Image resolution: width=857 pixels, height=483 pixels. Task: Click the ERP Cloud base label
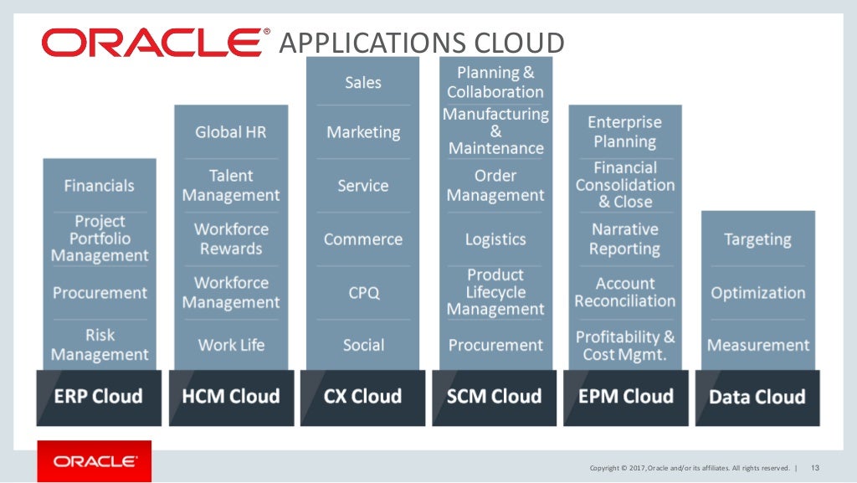[x=99, y=396]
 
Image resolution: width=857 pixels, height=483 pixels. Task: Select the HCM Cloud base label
[x=231, y=396]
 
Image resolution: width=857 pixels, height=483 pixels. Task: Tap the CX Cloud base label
[x=363, y=396]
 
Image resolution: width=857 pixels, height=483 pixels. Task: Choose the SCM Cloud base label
[x=495, y=396]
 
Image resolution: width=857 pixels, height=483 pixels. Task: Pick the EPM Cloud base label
[x=626, y=396]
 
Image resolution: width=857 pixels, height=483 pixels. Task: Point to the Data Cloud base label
[x=757, y=397]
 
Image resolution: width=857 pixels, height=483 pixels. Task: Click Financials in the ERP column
[x=99, y=185]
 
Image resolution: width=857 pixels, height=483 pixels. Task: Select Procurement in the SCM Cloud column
[x=495, y=345]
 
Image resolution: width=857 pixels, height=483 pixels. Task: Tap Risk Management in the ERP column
[x=100, y=345]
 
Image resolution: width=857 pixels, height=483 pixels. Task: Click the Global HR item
[x=231, y=132]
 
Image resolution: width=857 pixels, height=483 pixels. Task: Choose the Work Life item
[x=231, y=345]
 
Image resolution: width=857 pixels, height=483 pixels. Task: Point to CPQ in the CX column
[x=363, y=293]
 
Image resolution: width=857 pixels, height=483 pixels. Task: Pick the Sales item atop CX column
[x=363, y=82]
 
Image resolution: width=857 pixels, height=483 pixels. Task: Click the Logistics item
[x=495, y=239]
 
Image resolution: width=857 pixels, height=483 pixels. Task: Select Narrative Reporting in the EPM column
[x=624, y=239]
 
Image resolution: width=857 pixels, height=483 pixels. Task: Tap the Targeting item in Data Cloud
[x=757, y=239]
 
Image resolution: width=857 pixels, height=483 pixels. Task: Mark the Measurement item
[x=758, y=345]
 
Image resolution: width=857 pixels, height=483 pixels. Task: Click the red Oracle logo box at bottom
[x=95, y=461]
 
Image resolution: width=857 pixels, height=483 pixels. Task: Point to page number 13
[x=815, y=467]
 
